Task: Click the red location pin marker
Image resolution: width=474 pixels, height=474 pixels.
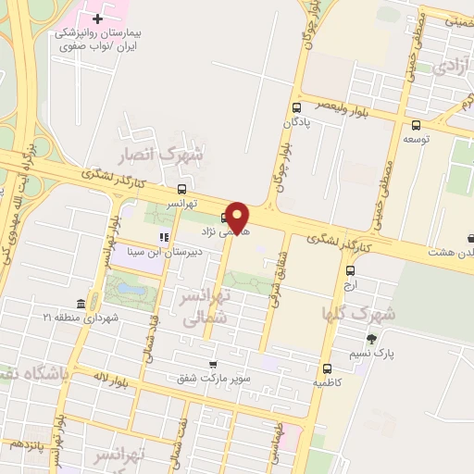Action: (238, 218)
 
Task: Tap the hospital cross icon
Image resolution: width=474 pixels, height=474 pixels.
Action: (97, 18)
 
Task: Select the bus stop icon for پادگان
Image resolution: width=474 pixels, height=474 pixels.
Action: (295, 107)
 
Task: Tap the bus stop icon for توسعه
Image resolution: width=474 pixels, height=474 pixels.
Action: (416, 125)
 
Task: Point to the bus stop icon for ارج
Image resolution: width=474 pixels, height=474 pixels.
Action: (350, 271)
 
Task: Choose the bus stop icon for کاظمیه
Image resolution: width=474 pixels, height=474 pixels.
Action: (327, 368)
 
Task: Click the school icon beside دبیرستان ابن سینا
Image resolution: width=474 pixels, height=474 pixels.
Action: (166, 235)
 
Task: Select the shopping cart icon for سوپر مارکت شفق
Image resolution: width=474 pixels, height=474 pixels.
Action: (213, 365)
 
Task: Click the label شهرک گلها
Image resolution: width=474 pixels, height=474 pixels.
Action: (359, 313)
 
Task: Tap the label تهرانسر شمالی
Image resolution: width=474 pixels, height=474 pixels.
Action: (203, 308)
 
